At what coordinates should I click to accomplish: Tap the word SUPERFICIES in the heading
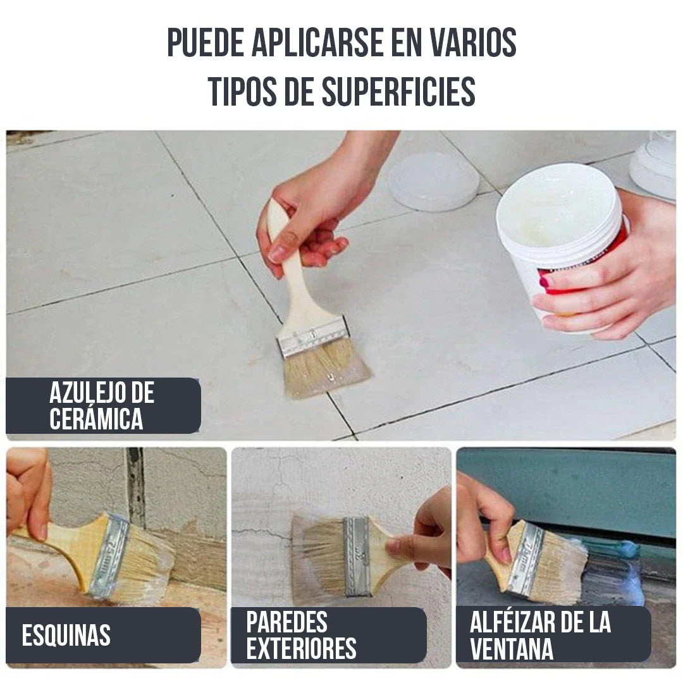[x=398, y=92]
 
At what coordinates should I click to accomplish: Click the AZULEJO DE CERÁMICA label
[x=102, y=406]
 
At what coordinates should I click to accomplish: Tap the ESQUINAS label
[x=66, y=636]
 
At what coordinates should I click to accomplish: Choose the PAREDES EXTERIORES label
[x=302, y=636]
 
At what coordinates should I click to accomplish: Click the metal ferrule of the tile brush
[x=314, y=336]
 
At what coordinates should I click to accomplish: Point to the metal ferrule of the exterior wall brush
[x=356, y=555]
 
